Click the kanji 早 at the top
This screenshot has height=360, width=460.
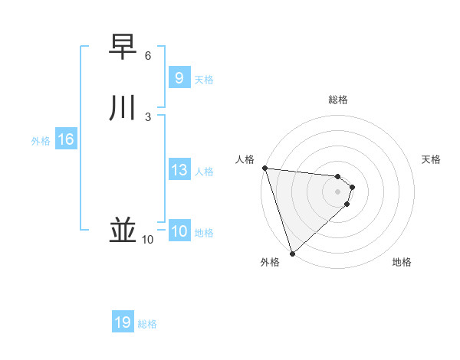click(x=123, y=47)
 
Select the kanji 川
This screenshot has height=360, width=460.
click(x=123, y=108)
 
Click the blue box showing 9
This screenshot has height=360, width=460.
click(x=179, y=77)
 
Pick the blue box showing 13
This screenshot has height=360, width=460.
click(x=179, y=170)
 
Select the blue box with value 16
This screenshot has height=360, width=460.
click(x=66, y=139)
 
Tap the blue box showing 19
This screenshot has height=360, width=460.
click(x=123, y=322)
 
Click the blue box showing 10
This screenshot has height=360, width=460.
click(x=179, y=232)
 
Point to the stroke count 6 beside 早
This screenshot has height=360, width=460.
click(x=148, y=56)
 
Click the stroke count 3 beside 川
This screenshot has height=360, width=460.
click(x=148, y=117)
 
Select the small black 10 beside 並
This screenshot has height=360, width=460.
click(x=147, y=240)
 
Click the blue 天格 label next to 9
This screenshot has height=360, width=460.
click(x=204, y=79)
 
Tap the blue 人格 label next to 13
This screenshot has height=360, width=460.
click(x=204, y=172)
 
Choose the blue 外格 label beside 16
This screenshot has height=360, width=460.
click(x=41, y=141)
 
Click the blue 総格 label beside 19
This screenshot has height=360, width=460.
click(x=147, y=324)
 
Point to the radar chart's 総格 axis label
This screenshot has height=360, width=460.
click(x=338, y=100)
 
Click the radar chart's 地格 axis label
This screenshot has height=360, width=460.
click(x=402, y=262)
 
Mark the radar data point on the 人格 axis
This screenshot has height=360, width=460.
click(x=264, y=168)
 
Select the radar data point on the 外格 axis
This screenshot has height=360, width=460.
click(x=292, y=253)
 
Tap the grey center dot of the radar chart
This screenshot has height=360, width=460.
click(x=337, y=191)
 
